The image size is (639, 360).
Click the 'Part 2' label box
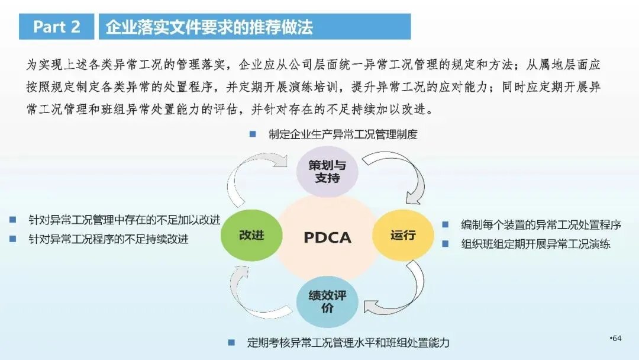tap(57, 27)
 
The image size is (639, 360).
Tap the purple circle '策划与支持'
tap(327, 171)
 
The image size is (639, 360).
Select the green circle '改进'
tap(251, 234)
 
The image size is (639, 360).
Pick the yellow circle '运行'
tap(402, 234)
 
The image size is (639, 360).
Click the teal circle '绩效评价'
tap(327, 301)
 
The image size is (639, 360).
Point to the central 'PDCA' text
tap(327, 237)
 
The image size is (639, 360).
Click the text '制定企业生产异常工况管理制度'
tap(343, 134)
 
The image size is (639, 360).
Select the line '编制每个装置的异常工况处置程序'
tap(541, 225)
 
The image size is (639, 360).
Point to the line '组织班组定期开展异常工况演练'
tap(535, 243)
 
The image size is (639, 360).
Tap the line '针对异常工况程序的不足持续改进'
tap(108, 239)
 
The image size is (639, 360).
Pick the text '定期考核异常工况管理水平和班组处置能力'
tap(347, 342)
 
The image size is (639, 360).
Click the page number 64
tap(617, 338)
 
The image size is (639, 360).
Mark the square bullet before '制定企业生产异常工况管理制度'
tap(253, 134)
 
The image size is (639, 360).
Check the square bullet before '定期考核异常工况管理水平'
tap(232, 342)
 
